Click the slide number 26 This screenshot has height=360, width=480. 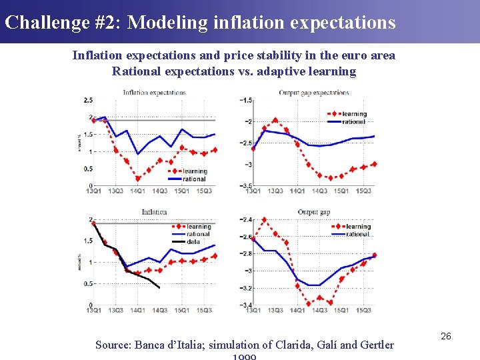tap(446, 337)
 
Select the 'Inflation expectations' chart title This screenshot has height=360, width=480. tap(154, 92)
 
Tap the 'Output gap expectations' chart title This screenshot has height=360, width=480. tap(313, 92)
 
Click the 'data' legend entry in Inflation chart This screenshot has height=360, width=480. tap(193, 241)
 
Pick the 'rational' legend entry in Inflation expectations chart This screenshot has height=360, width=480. tap(194, 179)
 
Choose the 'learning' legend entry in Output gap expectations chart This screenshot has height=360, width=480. tap(355, 114)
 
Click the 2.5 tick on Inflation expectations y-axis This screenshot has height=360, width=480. tap(88, 100)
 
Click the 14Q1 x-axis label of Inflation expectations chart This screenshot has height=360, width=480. tap(137, 191)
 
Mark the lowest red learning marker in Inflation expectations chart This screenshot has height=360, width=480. tap(138, 179)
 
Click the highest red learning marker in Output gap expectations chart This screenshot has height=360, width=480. tap(275, 121)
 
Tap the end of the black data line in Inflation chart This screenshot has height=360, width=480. tap(159, 287)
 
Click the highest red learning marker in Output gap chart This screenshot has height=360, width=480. tap(264, 220)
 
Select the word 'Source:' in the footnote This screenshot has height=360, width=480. tap(113, 345)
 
